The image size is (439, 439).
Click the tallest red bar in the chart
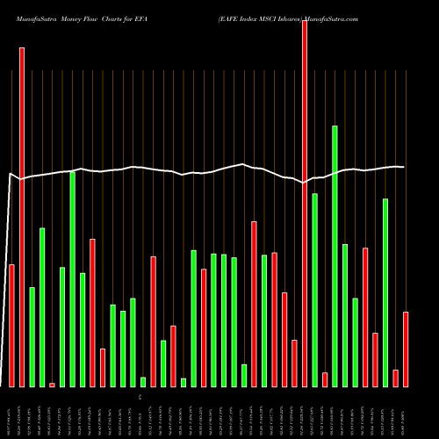pyautogui.click(x=305, y=203)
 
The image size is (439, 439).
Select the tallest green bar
pyautogui.click(x=335, y=255)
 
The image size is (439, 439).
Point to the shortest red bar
pyautogui.click(x=52, y=385)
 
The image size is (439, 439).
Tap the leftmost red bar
pyautogui.click(x=11, y=325)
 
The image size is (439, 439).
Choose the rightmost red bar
pyautogui.click(x=406, y=349)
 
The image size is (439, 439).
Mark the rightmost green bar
pyautogui.click(x=385, y=292)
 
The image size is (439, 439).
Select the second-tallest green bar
pyautogui.click(x=72, y=279)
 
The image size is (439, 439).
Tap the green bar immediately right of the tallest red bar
pyautogui.click(x=314, y=290)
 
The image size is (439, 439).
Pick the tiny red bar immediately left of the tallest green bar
pyautogui.click(x=325, y=379)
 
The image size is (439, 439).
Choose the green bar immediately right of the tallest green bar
pyautogui.click(x=345, y=315)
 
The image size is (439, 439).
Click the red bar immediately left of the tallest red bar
pyautogui.click(x=294, y=363)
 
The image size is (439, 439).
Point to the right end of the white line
pyautogui.click(x=404, y=167)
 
